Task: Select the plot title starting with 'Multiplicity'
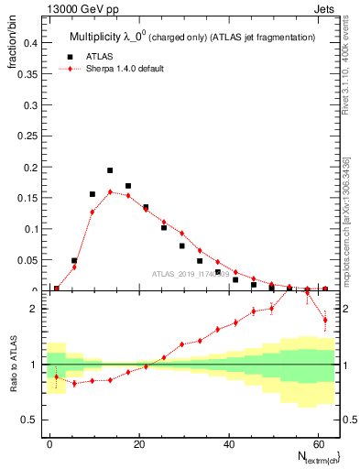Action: (191, 38)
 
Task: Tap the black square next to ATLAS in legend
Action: (71, 56)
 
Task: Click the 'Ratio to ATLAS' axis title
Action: (12, 364)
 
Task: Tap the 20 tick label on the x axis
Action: (138, 443)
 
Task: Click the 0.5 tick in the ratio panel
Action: (29, 420)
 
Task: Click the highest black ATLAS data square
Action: (110, 170)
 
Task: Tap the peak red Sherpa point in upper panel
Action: (110, 192)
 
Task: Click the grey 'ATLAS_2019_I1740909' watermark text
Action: (191, 274)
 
